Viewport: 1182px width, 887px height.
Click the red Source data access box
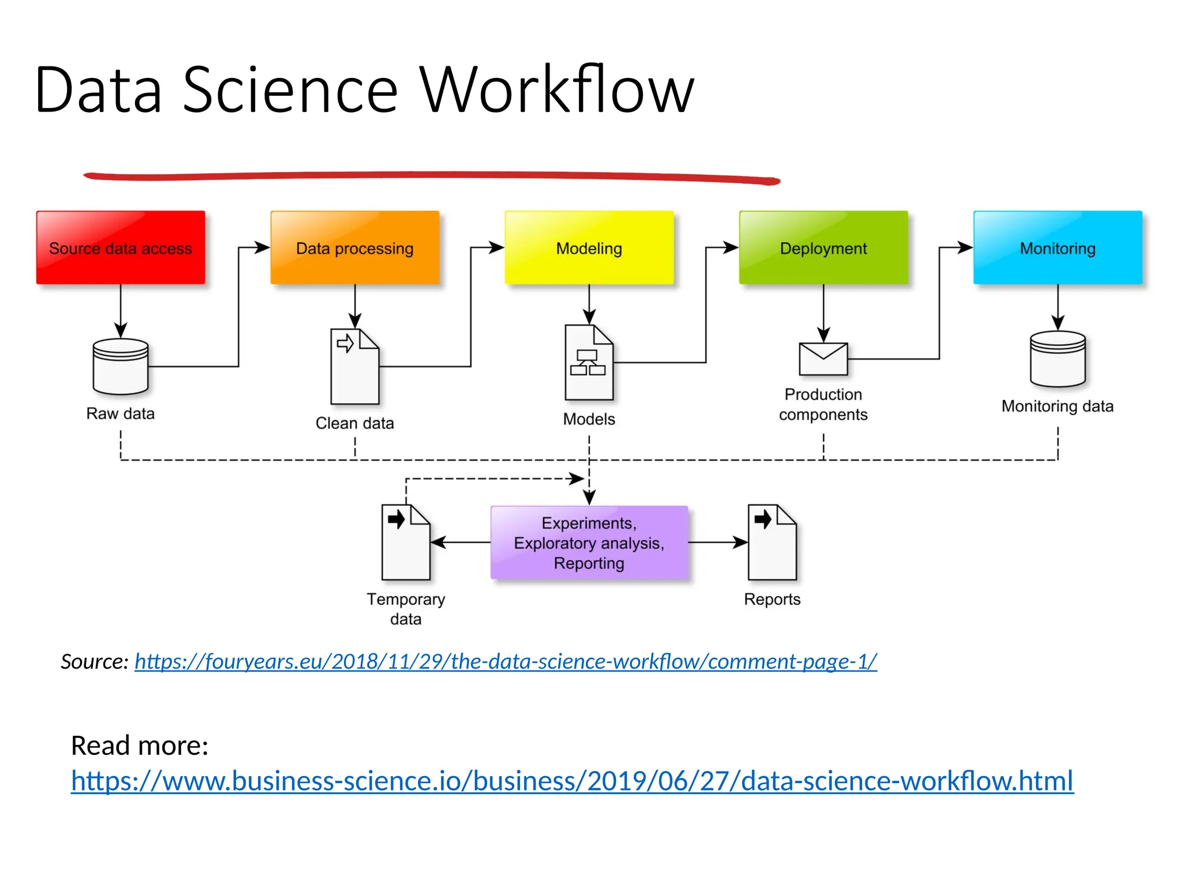point(121,248)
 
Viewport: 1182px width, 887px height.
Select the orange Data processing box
point(354,248)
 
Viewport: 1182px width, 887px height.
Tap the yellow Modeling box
point(589,248)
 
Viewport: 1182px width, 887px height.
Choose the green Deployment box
point(823,248)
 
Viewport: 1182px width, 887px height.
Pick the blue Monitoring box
point(1057,248)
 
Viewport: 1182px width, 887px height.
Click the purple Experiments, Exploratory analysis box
point(589,543)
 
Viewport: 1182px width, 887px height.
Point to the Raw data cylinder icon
point(121,367)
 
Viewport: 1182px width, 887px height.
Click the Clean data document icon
point(354,367)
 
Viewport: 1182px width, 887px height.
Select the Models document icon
point(589,363)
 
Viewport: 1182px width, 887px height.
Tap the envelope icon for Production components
point(823,359)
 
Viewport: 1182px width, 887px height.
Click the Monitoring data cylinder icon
point(1057,359)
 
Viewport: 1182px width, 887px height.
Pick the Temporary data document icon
point(406,543)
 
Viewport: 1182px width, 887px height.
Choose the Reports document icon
point(772,543)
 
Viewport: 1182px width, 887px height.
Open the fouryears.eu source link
point(506,662)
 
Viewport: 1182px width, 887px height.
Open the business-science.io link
point(571,781)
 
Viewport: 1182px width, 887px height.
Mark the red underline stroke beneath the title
point(432,176)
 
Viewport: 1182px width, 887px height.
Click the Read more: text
point(139,746)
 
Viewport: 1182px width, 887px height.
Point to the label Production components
point(823,404)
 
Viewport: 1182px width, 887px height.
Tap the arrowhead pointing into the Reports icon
point(741,543)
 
